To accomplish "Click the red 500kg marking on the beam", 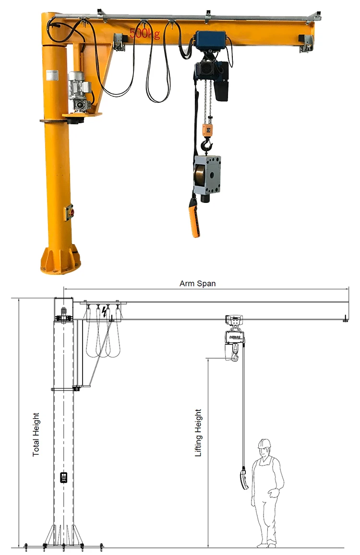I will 144,34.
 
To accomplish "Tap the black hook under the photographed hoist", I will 208,144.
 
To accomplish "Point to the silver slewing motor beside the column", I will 79,86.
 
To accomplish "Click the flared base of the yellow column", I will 60,260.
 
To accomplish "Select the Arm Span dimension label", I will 197,283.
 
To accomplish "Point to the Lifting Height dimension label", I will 198,432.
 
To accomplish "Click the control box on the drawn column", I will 63,477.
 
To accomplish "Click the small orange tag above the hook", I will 208,129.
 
